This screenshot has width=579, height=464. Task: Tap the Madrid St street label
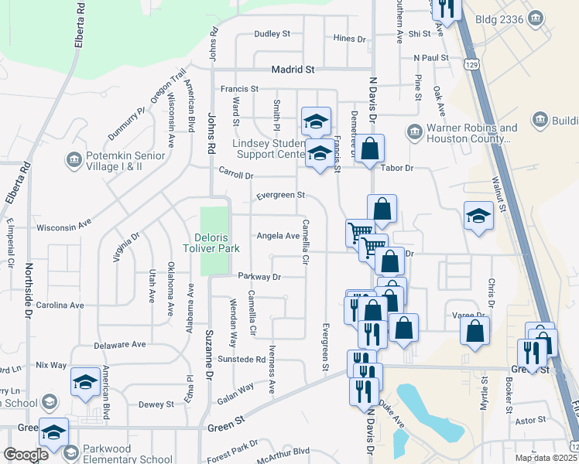click(x=293, y=70)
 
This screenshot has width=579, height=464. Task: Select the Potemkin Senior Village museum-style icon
click(x=74, y=160)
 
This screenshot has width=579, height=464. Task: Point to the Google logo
click(x=26, y=455)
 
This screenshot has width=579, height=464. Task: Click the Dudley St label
click(x=272, y=34)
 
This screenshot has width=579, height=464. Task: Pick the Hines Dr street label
click(x=349, y=39)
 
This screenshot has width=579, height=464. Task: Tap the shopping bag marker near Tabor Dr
click(x=371, y=147)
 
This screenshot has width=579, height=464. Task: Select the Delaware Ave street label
click(x=119, y=344)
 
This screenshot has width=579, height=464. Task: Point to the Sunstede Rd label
click(x=242, y=360)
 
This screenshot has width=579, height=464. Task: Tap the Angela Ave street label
click(x=278, y=236)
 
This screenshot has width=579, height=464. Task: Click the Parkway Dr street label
click(x=259, y=276)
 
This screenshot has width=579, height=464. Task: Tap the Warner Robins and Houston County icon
click(x=413, y=133)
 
